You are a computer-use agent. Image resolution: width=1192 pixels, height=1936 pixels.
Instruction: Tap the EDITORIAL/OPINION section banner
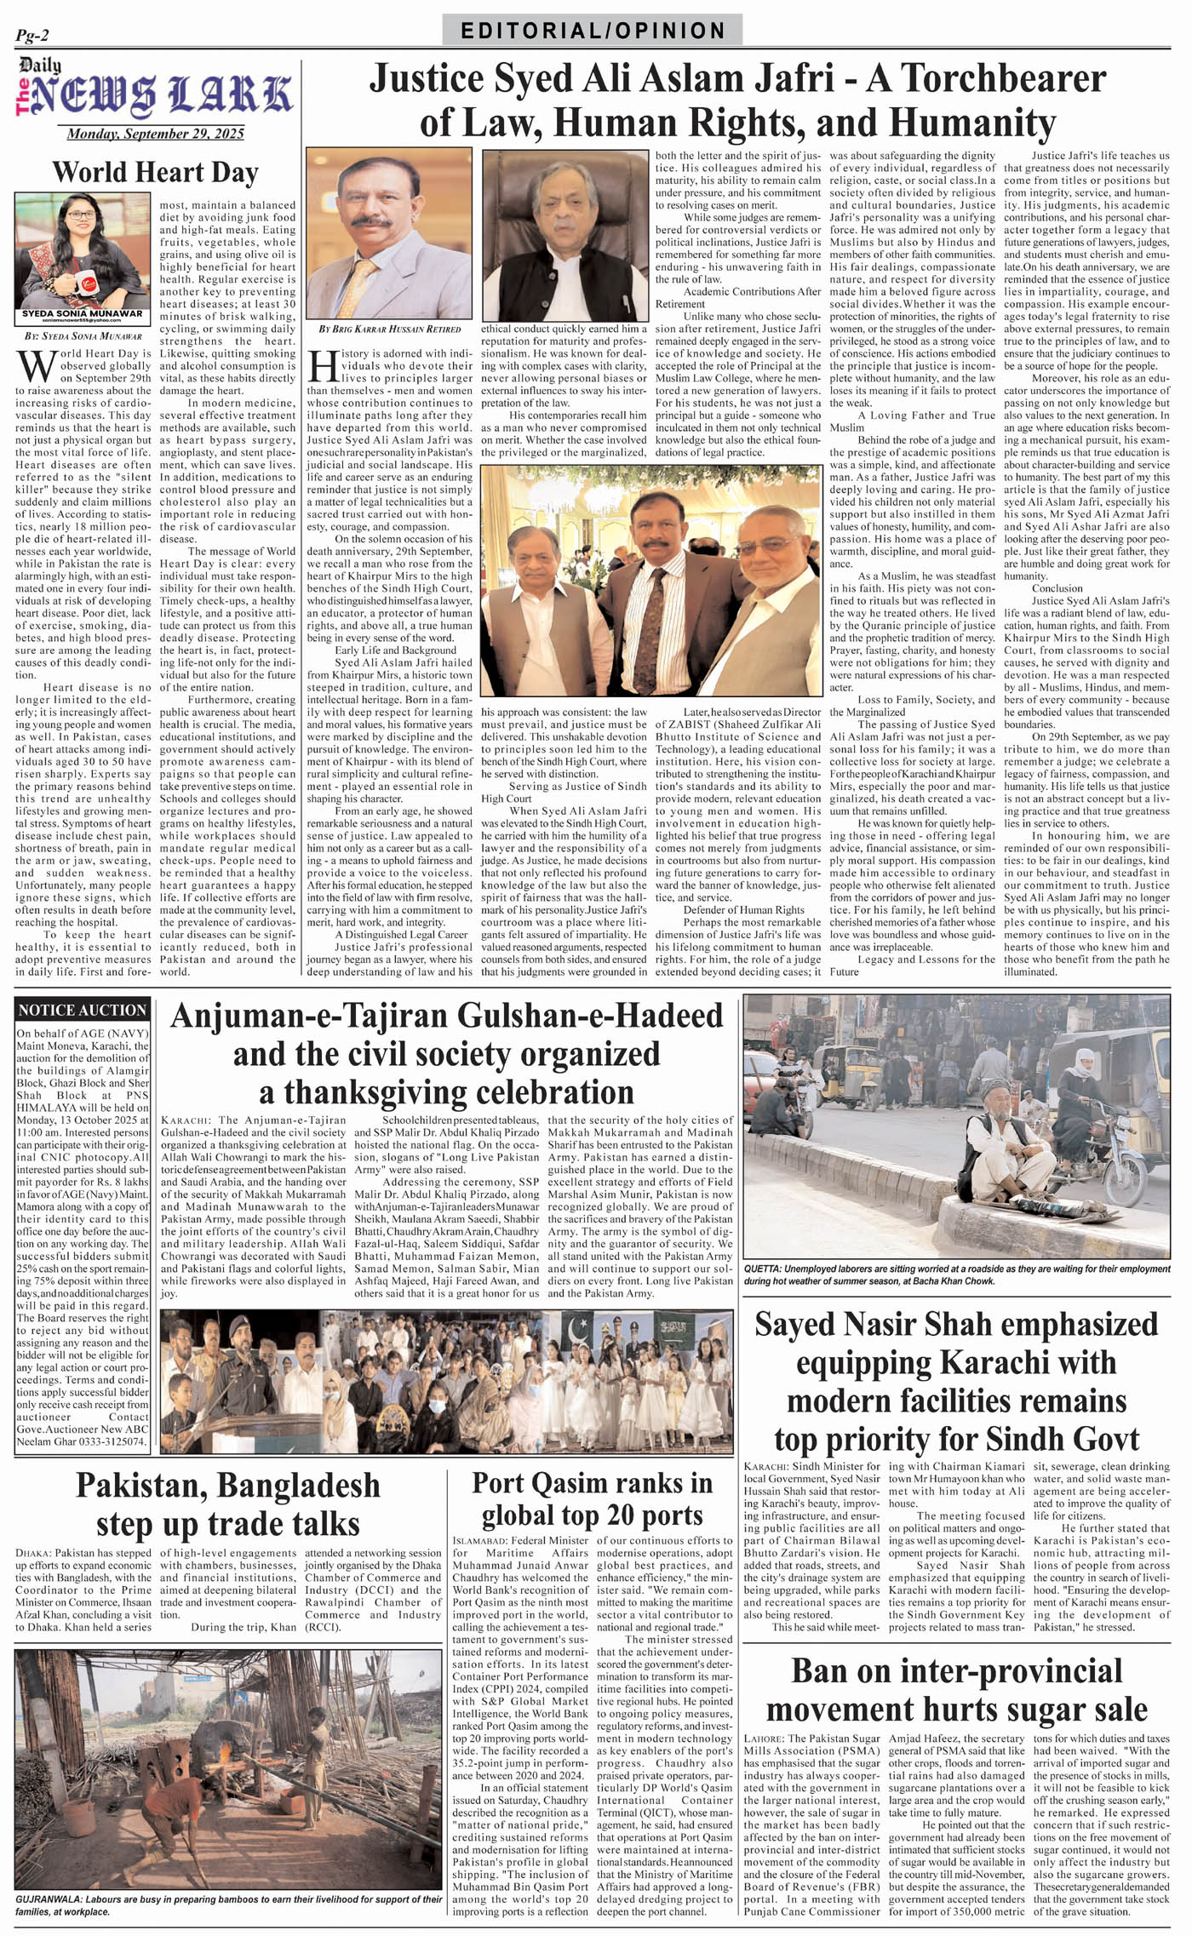point(593,31)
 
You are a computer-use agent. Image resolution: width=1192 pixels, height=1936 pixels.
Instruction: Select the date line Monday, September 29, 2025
point(155,134)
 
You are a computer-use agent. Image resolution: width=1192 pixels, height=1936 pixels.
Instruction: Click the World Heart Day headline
point(155,173)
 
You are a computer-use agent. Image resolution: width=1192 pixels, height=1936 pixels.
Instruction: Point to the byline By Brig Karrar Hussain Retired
point(389,329)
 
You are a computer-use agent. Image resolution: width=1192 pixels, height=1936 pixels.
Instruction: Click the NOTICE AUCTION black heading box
point(83,1010)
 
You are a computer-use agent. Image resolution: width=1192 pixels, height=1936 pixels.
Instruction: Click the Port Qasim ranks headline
point(592,1498)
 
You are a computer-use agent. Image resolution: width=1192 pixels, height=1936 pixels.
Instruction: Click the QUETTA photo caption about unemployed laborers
point(957,1274)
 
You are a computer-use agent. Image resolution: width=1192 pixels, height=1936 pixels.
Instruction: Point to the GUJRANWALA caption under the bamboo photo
point(228,1905)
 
